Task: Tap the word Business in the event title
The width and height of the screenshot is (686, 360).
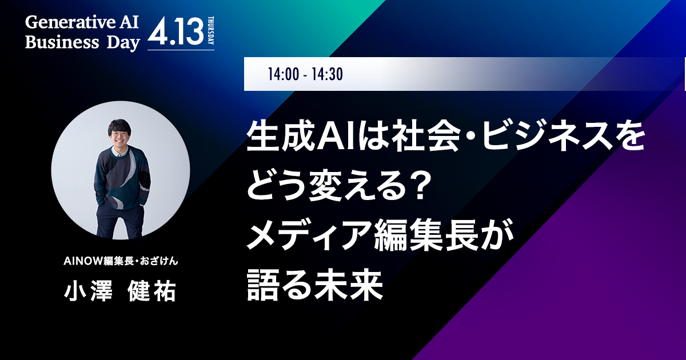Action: (62, 42)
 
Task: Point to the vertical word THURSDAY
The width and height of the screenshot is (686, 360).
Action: (211, 31)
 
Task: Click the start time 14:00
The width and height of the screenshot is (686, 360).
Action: (284, 74)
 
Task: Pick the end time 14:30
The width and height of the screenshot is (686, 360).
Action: (327, 74)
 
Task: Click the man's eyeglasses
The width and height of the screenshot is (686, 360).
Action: (119, 134)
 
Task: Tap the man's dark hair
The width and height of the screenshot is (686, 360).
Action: (119, 126)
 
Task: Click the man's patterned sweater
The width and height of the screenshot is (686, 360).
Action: (122, 178)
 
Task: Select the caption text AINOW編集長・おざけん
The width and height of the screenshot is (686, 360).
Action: (121, 261)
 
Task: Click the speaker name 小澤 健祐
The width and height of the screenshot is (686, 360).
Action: (120, 291)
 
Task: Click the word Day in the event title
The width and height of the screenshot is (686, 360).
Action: (123, 43)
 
